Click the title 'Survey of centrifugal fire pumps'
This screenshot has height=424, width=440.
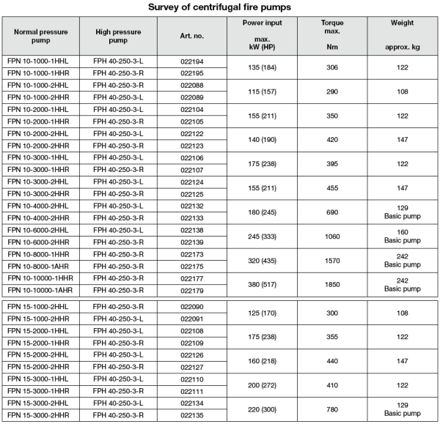coord(220,7)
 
